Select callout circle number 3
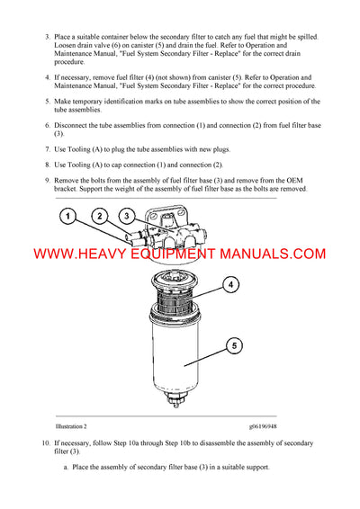coord(129,217)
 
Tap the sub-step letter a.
coord(65,468)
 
